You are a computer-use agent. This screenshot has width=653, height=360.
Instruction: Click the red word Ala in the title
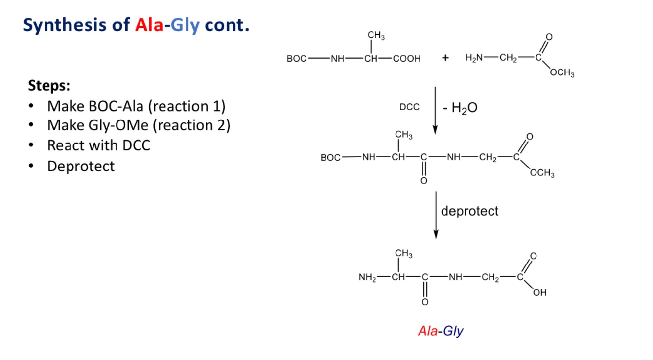(x=149, y=25)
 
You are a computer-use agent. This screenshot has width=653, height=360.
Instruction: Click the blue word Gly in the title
(x=186, y=25)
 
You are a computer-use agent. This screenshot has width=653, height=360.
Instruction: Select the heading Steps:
(x=49, y=86)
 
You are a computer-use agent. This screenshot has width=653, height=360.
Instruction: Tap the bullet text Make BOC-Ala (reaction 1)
(x=136, y=106)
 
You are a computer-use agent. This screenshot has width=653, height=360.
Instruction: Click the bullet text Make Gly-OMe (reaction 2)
(x=139, y=125)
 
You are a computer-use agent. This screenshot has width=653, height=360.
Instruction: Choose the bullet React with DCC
(x=98, y=145)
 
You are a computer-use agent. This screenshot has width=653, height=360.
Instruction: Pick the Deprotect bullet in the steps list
(x=81, y=166)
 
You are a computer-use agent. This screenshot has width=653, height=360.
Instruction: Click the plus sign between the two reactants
(x=445, y=58)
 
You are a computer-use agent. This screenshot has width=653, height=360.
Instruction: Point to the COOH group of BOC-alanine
(x=406, y=59)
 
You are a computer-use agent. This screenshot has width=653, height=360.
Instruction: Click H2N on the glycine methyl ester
(x=474, y=58)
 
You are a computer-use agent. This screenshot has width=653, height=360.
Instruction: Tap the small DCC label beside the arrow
(x=409, y=107)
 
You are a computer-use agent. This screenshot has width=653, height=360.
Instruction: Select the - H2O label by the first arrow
(x=460, y=108)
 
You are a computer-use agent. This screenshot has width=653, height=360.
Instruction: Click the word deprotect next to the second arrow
(x=469, y=211)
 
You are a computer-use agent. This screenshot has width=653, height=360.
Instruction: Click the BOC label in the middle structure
(x=330, y=158)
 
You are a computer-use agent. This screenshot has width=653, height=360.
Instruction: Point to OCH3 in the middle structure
(x=542, y=174)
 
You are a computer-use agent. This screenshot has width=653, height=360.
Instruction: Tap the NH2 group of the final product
(x=367, y=278)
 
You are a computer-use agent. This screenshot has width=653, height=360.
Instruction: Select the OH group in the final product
(x=540, y=293)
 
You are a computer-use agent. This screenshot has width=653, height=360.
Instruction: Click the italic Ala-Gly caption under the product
(x=441, y=331)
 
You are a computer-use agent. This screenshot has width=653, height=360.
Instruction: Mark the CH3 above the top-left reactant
(x=376, y=36)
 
